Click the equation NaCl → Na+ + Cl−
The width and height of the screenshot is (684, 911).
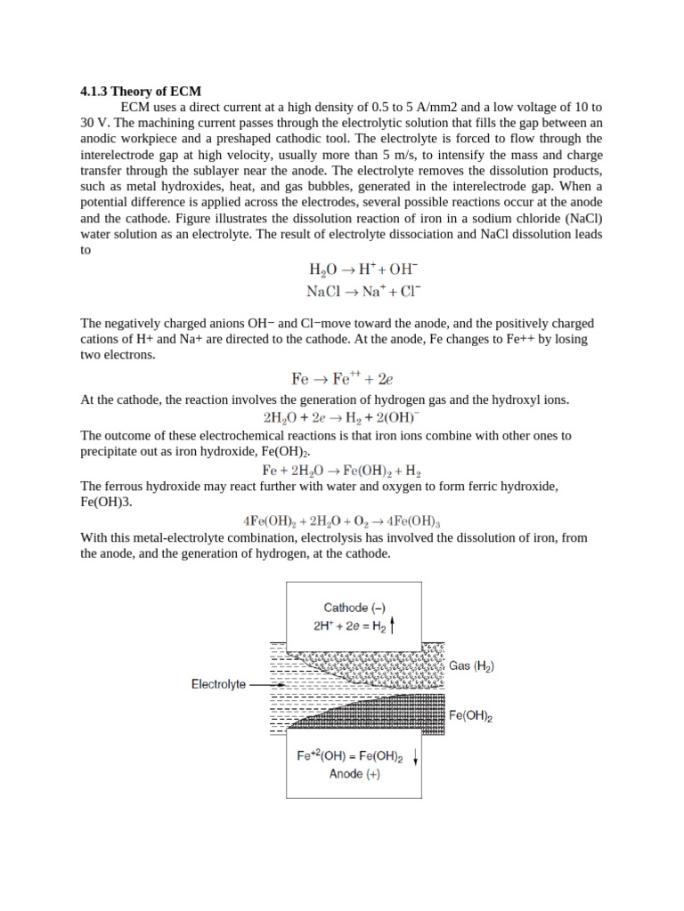coord(364,291)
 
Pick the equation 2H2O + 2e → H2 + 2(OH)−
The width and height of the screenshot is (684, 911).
coord(342,416)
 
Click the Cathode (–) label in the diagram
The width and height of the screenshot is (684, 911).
coord(354,608)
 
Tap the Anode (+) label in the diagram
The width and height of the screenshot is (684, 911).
coord(354,774)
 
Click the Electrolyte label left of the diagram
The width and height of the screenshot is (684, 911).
coord(218,685)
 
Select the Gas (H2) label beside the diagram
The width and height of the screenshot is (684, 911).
coord(472,665)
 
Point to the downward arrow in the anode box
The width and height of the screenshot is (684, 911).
coord(415,758)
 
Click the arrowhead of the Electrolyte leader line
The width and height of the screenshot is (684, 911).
coord(282,685)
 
